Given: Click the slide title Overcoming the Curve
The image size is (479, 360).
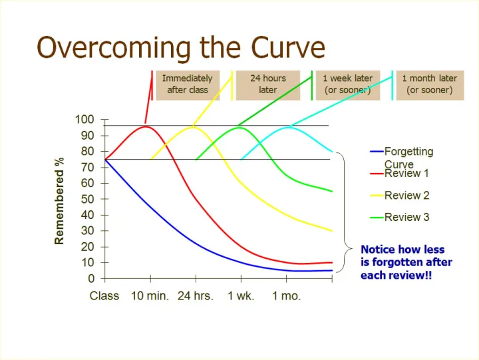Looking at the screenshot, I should pos(181,47).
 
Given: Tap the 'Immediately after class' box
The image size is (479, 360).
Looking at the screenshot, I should pos(188,84).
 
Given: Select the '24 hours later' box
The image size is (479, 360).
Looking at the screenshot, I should pos(267,84).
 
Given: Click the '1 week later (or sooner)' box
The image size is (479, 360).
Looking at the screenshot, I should pos(347,84).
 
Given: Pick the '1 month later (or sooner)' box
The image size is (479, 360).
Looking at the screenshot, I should pos(429,84).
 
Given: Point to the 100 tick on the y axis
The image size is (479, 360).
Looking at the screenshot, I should pos(85,120).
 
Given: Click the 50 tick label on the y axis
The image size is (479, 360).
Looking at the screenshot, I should pos(88,199).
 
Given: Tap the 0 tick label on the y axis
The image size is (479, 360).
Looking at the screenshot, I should pos(91,278).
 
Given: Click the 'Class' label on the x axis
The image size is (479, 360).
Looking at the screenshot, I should pos(104,296).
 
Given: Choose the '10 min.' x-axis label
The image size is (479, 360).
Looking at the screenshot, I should pos(150,296).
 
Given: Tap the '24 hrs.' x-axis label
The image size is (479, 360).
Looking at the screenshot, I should pos(196,296).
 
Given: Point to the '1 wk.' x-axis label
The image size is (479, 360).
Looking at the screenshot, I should pos(241,296).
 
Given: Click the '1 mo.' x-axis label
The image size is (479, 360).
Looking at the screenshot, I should pos(286,296).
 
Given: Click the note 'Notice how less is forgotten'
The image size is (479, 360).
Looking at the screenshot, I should pos(406,262).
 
